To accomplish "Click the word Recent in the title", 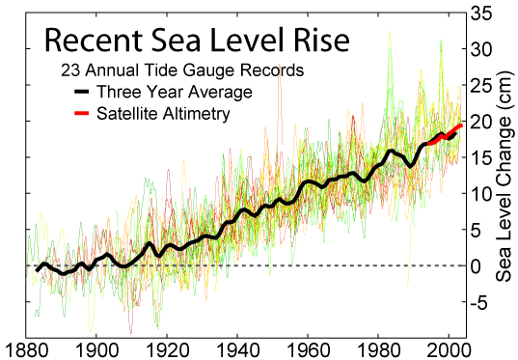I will [91, 42].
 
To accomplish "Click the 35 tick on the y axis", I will [481, 14].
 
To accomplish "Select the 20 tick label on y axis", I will [481, 121].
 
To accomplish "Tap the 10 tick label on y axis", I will [481, 193].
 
